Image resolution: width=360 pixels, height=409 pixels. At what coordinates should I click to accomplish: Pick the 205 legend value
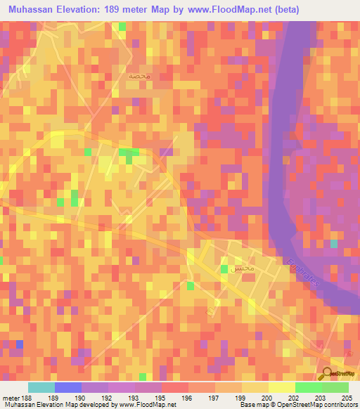(x=345, y=398)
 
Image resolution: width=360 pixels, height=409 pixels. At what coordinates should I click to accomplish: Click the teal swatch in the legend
(x=41, y=387)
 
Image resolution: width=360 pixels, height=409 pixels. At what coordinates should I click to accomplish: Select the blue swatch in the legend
(x=68, y=387)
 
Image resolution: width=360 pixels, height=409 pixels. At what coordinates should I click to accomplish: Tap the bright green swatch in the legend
(x=309, y=387)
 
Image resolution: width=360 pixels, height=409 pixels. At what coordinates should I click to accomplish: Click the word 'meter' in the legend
(x=11, y=398)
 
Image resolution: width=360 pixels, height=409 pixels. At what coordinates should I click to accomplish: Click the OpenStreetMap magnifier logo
(x=328, y=374)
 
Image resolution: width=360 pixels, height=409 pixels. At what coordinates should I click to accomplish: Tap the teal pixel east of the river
(x=333, y=244)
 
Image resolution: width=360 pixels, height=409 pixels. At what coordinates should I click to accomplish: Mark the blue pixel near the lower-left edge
(x=20, y=344)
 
